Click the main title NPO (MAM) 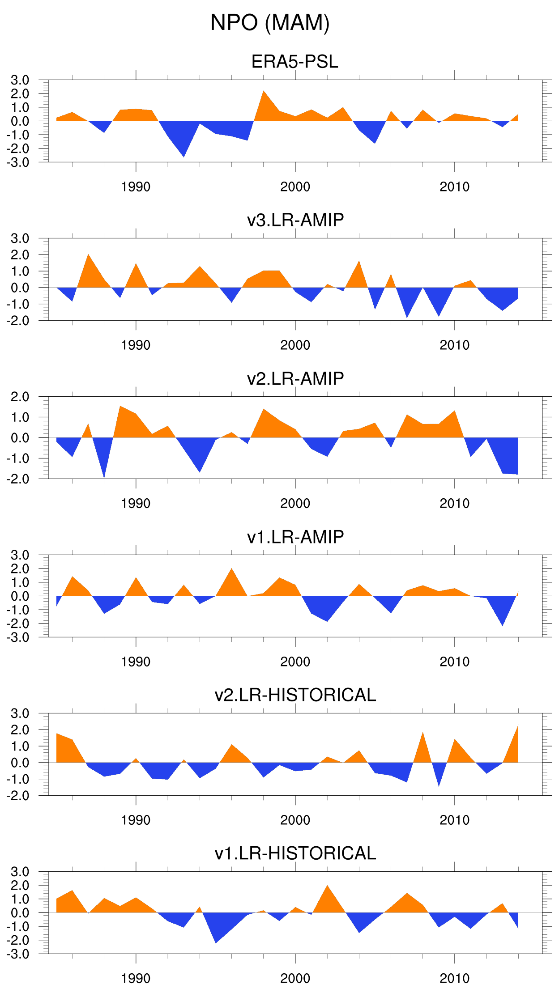[x=270, y=23]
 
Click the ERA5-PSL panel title [x=294, y=62]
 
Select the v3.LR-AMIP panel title [x=295, y=220]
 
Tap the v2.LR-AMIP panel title [x=295, y=378]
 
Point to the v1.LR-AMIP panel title [x=295, y=537]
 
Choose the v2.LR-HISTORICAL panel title [x=295, y=695]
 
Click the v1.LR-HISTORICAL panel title [x=295, y=853]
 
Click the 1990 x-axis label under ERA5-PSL [x=136, y=187]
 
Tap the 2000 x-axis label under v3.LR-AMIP [x=295, y=345]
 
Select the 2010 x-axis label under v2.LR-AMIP [x=454, y=504]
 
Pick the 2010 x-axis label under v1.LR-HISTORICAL [x=454, y=979]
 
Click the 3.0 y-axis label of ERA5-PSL [x=20, y=81]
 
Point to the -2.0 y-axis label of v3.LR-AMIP [x=18, y=321]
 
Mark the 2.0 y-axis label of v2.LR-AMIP [x=20, y=397]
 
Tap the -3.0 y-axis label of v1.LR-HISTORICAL [x=18, y=954]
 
